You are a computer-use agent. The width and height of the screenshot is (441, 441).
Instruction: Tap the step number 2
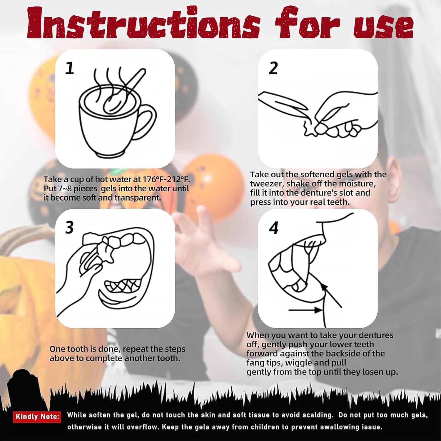273,68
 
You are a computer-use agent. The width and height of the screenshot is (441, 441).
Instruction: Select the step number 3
69,227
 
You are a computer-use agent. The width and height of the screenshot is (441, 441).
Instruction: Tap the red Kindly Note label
37,417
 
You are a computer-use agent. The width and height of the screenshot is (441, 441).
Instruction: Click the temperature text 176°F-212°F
166,179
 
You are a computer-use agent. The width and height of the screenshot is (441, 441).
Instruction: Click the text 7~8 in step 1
65,188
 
